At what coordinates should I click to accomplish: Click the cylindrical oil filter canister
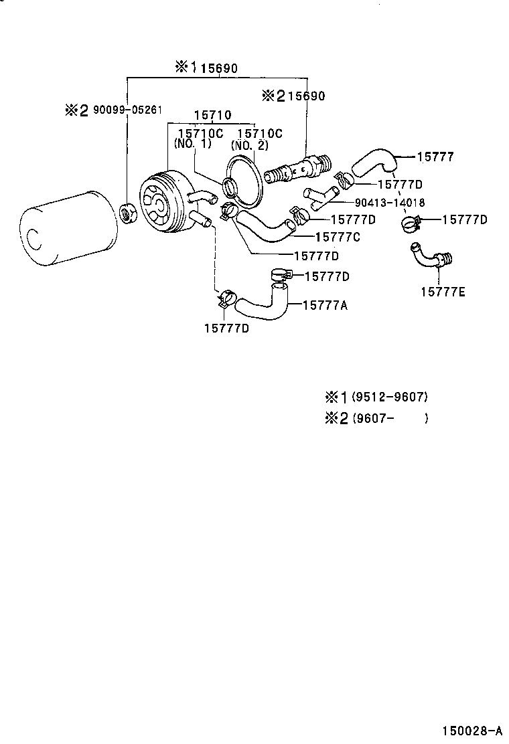tap(64, 228)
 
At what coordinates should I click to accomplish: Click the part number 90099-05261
tap(127, 110)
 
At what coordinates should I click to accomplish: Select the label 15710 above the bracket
tap(212, 115)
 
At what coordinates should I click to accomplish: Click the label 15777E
tap(443, 291)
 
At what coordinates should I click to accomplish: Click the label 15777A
tap(324, 305)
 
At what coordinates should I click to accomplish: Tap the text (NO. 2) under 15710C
tap(249, 145)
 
